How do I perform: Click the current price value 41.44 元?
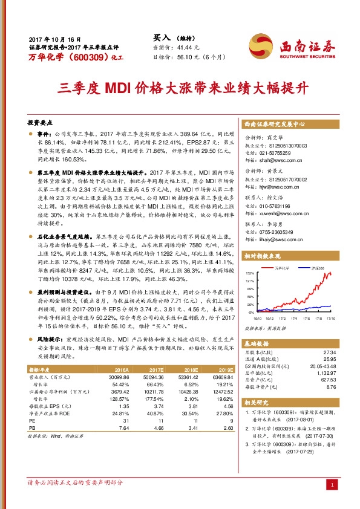189,47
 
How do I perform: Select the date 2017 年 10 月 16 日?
54,39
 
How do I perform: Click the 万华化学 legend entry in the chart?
283,267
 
